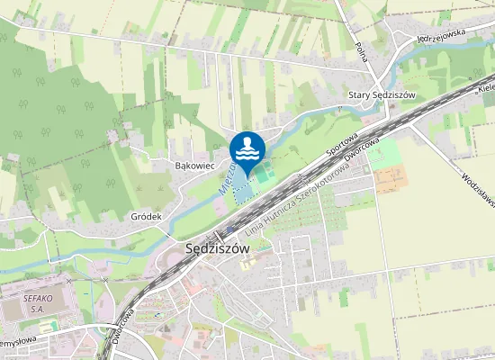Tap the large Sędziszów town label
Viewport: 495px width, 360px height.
pyautogui.click(x=216, y=249)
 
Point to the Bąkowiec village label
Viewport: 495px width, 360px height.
pyautogui.click(x=193, y=166)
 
